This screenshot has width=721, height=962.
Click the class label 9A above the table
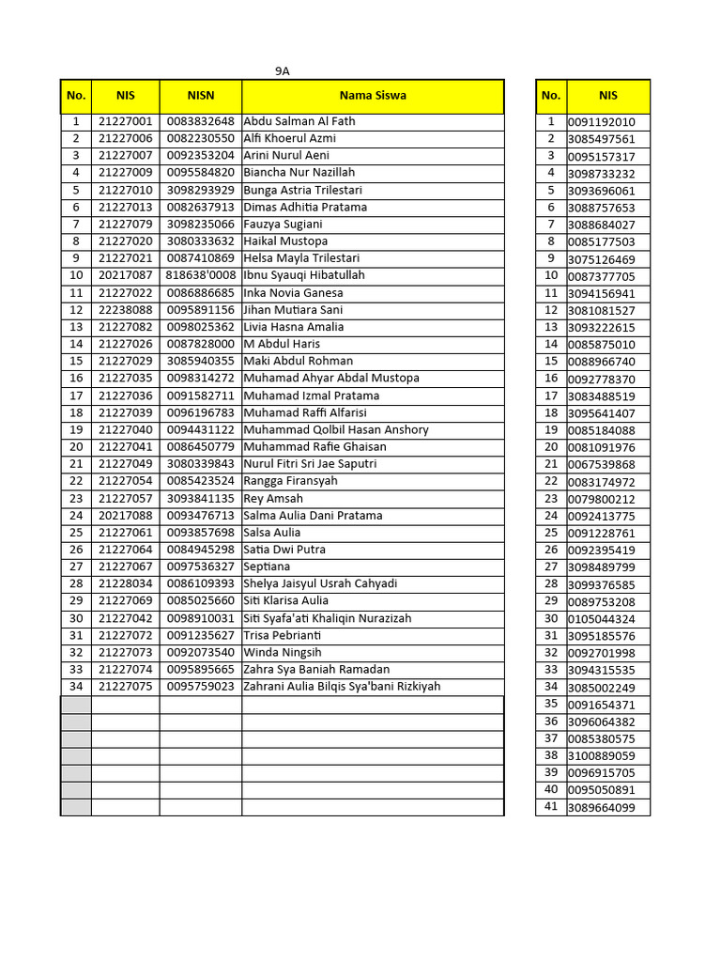[282, 70]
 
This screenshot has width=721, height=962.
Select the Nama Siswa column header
[373, 96]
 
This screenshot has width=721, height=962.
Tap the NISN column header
[200, 96]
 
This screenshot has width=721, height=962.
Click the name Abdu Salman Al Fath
[299, 121]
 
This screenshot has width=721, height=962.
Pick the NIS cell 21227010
[125, 190]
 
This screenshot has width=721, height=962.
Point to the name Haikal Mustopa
[285, 241]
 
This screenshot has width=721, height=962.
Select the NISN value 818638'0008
[200, 275]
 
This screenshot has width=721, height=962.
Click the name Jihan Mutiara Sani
[293, 310]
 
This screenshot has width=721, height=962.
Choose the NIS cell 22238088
[125, 310]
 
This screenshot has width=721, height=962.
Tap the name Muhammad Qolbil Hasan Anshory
[335, 429]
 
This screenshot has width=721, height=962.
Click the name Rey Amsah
[273, 498]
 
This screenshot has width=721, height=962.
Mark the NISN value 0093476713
[200, 516]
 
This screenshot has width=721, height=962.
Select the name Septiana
[267, 566]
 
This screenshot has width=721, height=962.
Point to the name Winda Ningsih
[282, 652]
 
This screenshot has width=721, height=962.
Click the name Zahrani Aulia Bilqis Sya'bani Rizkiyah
[342, 687]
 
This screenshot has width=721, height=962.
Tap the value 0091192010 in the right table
[601, 122]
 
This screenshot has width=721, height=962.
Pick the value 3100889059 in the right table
[601, 755]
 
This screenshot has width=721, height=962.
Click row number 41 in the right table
[551, 807]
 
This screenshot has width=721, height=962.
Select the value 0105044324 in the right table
[601, 619]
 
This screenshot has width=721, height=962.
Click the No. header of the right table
[551, 96]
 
